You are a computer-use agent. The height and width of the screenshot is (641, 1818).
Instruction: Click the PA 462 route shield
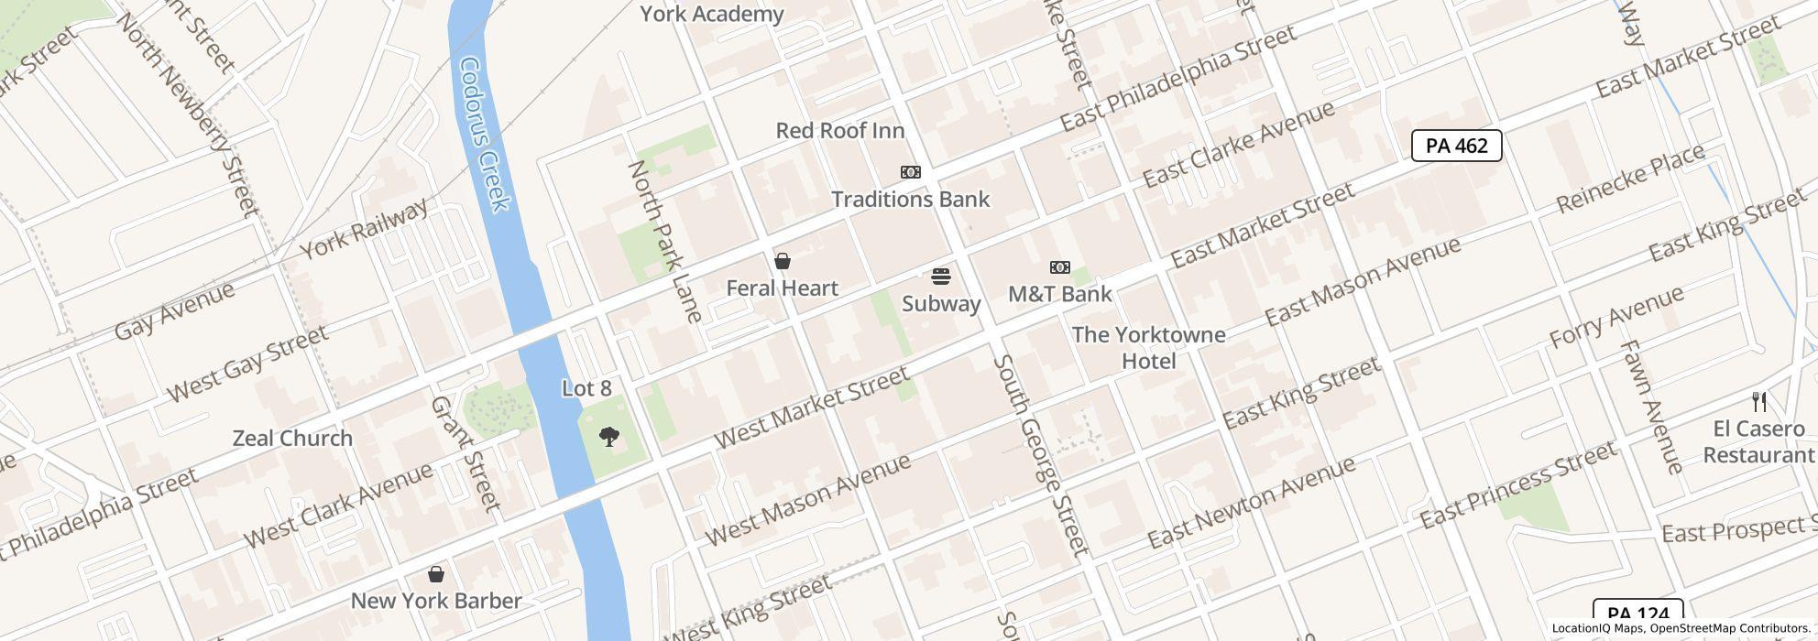coord(1456,146)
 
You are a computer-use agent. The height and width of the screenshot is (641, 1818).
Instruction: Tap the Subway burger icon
coord(940,277)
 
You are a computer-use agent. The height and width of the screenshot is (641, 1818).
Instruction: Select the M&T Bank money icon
coord(1059,267)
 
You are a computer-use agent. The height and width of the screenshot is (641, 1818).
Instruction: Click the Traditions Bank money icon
coord(910,172)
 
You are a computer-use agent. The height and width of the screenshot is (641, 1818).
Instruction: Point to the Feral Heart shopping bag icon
coord(783,262)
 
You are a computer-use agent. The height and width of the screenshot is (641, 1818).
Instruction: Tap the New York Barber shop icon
coord(436,574)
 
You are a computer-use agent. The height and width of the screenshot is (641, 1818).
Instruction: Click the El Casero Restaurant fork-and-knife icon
coord(1758,401)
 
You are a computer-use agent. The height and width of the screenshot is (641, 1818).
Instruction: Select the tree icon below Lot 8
coord(608,437)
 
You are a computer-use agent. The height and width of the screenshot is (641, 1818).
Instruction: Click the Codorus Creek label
coord(485,134)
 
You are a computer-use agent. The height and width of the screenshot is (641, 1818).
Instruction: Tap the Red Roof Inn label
coord(839,131)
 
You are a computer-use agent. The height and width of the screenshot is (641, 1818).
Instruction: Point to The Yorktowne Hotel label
coord(1148,348)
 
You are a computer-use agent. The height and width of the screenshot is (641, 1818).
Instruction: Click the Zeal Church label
coord(292,438)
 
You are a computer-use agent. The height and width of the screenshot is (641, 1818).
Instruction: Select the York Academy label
coord(711,14)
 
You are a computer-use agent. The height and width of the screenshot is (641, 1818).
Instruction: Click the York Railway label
coord(364,229)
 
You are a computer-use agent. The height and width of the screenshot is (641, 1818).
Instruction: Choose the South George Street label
coord(1040,455)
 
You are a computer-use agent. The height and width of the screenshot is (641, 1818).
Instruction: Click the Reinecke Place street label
coord(1630,179)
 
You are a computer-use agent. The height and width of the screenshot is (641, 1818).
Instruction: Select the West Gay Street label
coord(247,363)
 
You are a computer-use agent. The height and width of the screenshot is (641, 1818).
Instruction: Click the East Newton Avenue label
coord(1251,502)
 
